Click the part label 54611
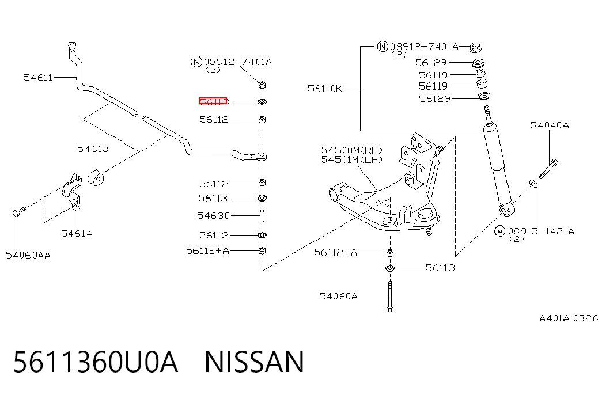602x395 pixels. click(x=37, y=78)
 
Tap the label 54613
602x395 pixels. click(x=93, y=149)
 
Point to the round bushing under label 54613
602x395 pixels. click(x=96, y=178)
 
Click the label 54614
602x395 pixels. click(x=77, y=233)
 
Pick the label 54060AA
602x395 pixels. click(x=28, y=255)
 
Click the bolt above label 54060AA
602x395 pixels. click(x=18, y=211)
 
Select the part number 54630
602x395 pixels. click(x=214, y=216)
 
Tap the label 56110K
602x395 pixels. click(x=325, y=89)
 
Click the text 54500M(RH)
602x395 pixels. click(x=352, y=150)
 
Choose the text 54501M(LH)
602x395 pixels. click(x=352, y=159)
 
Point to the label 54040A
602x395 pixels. click(x=550, y=125)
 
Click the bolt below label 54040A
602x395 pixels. click(x=548, y=169)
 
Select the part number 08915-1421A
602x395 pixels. click(x=541, y=231)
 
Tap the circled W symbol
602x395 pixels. click(x=499, y=231)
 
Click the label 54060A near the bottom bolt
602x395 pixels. click(x=339, y=296)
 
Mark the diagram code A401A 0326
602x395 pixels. click(x=569, y=318)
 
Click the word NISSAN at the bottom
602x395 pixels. click(x=254, y=362)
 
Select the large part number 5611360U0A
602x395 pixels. click(x=96, y=362)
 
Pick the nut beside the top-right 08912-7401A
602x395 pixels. click(x=475, y=48)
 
